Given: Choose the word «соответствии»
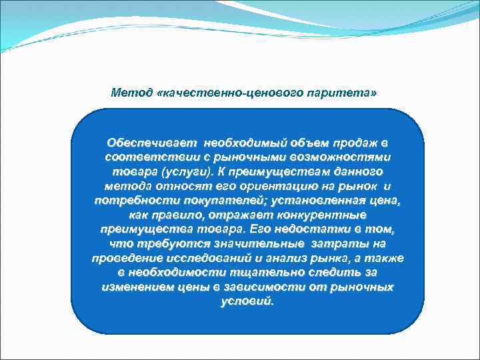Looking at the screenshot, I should tap(141, 156).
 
